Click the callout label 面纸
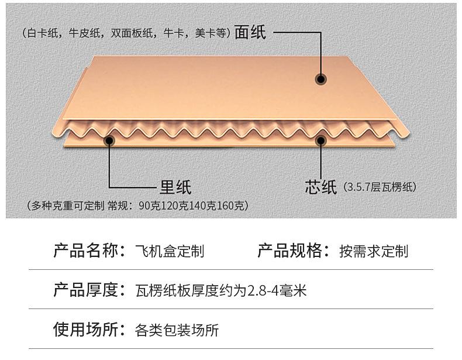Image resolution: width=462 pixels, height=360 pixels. [250, 32]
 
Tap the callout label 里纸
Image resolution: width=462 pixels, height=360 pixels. [175, 187]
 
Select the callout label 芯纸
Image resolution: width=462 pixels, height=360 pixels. [320, 187]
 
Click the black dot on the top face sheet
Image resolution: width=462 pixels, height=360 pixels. [320, 78]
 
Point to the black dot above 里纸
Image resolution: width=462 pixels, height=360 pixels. [109, 140]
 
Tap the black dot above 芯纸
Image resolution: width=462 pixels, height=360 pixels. [320, 140]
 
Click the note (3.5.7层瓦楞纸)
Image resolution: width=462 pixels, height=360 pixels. [380, 188]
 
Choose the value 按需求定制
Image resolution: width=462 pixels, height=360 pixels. [374, 252]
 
